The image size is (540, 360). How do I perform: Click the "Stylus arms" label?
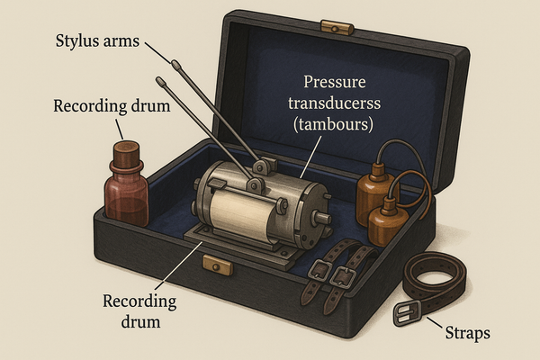pyautogui.click(x=97, y=41)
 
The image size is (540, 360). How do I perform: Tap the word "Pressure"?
pyautogui.click(x=335, y=82)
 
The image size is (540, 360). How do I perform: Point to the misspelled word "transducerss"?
pyautogui.click(x=335, y=103)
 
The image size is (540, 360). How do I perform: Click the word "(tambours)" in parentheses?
pyautogui.click(x=333, y=124)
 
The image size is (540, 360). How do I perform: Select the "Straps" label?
pyautogui.click(x=468, y=334)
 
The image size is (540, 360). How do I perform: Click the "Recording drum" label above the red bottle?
pyautogui.click(x=112, y=106)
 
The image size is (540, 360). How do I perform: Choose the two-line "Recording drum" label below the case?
pyautogui.click(x=139, y=311)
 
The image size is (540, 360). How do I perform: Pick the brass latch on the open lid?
pyautogui.click(x=337, y=28)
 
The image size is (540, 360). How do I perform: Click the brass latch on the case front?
pyautogui.click(x=217, y=265)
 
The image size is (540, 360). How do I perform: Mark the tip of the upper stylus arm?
pyautogui.click(x=175, y=64)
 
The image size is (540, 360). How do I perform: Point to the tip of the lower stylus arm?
pyautogui.click(x=160, y=81)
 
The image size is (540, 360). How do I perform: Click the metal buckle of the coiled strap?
pyautogui.click(x=408, y=313)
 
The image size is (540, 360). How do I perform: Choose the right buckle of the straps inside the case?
pyautogui.click(x=343, y=277)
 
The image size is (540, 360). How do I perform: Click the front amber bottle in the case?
pyautogui.click(x=388, y=221)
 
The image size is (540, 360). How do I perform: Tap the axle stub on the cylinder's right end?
pyautogui.click(x=322, y=218)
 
